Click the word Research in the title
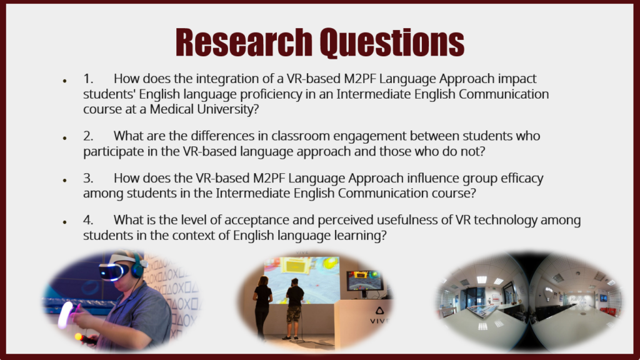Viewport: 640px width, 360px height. pyautogui.click(x=244, y=42)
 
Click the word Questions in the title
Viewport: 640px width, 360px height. pyautogui.click(x=392, y=43)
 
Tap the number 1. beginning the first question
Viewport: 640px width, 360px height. pyautogui.click(x=88, y=78)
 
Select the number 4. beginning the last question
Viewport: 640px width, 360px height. pyautogui.click(x=88, y=220)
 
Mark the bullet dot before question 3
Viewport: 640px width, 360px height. pyautogui.click(x=64, y=180)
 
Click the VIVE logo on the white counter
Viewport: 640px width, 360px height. pyautogui.click(x=379, y=316)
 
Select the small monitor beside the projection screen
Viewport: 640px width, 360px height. pyautogui.click(x=364, y=280)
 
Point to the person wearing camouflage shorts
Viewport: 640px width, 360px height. pyautogui.click(x=294, y=309)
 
